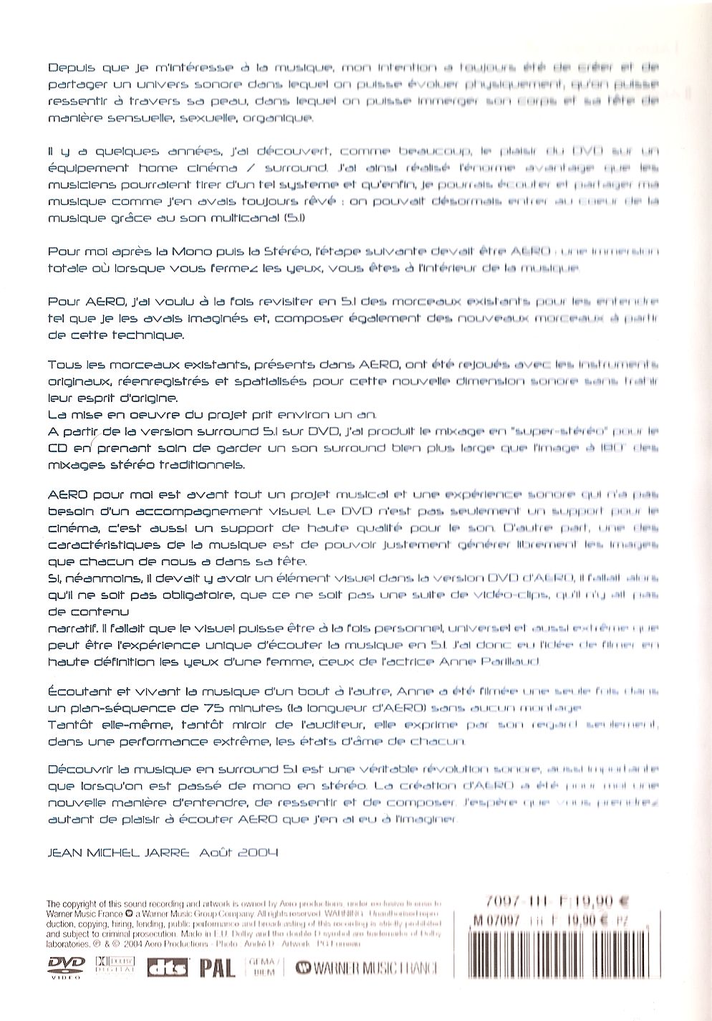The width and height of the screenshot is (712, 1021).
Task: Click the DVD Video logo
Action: tap(65, 967)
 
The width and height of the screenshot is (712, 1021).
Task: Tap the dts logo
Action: tap(168, 969)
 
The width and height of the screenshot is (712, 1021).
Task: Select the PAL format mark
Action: tap(217, 969)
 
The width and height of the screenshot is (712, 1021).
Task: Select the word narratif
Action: tap(72, 628)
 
